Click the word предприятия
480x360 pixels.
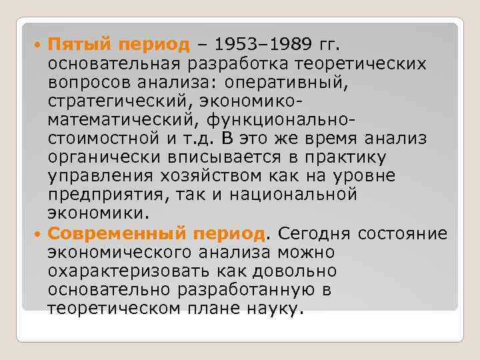point(99,196)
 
